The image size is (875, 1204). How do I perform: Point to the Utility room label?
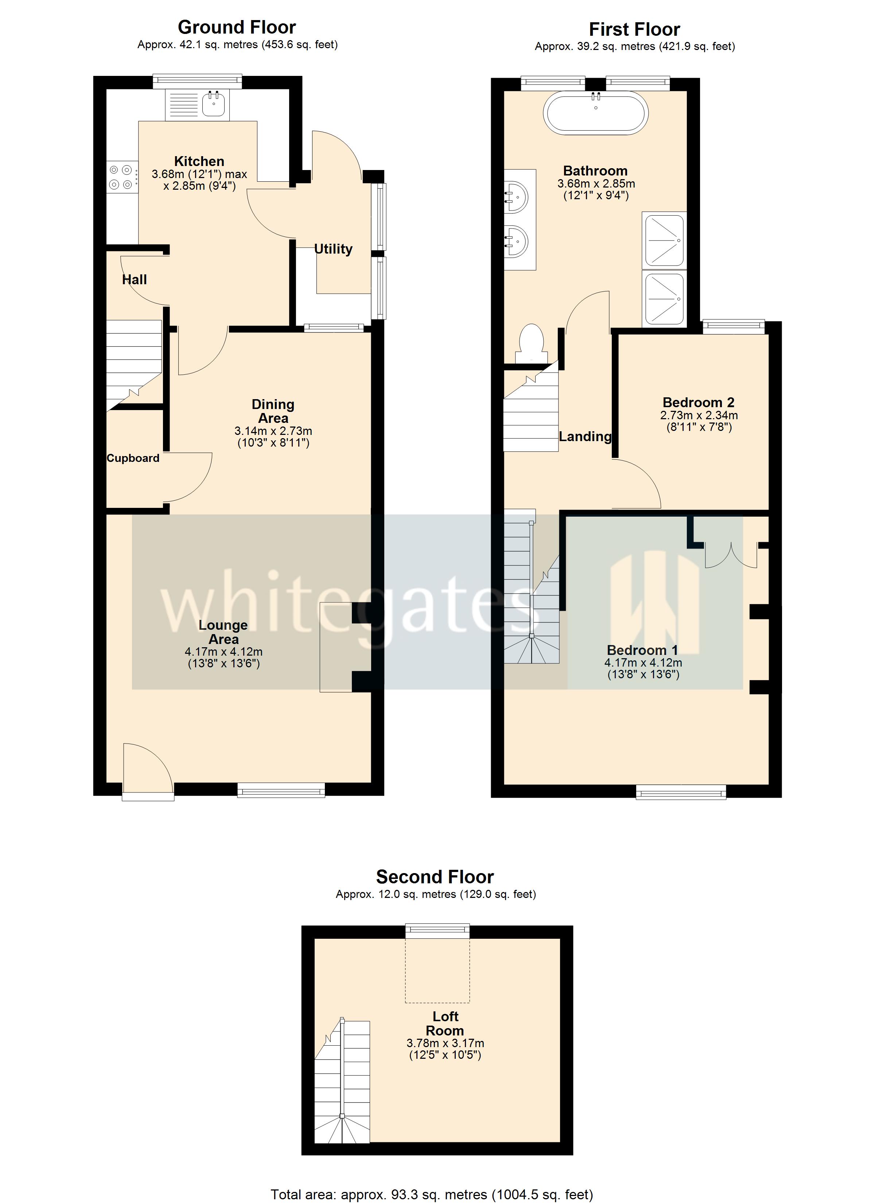(333, 249)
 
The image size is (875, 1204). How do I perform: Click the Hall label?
(134, 280)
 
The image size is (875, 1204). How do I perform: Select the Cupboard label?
(133, 458)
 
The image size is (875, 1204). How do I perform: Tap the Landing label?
(585, 436)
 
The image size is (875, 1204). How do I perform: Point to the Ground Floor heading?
(237, 27)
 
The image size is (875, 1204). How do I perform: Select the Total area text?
(431, 1195)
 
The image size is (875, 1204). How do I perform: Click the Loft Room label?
(445, 1023)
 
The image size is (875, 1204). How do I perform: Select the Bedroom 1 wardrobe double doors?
(731, 555)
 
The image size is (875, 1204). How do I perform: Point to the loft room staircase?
(342, 1083)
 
